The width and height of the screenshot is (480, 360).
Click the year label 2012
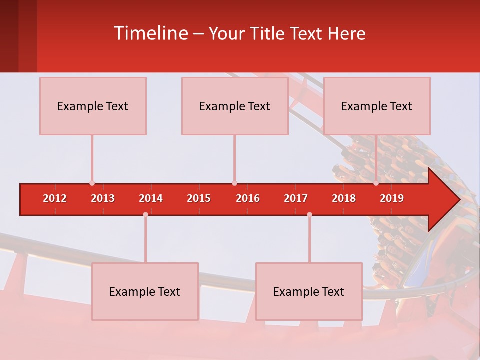(55, 198)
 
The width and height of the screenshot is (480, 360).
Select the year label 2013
(103, 198)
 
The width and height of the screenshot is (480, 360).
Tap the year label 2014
(151, 198)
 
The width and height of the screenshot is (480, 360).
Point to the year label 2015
(199, 198)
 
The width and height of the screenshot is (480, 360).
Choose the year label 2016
(248, 198)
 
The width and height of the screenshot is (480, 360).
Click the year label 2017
(296, 198)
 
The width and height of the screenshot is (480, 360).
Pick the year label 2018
(344, 198)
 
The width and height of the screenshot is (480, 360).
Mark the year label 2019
(392, 198)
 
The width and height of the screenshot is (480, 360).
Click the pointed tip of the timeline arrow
(458, 199)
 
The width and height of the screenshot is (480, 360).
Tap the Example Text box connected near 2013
(93, 106)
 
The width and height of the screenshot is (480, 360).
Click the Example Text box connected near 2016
(235, 106)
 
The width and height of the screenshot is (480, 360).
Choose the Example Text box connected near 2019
(377, 106)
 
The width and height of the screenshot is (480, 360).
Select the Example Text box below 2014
(145, 291)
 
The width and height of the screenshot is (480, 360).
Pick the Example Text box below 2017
(309, 291)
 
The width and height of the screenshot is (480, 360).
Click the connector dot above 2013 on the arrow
(92, 183)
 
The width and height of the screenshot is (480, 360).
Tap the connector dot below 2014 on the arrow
(145, 214)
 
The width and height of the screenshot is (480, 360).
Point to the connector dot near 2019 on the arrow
(376, 183)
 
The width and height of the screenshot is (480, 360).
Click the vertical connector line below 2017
(309, 239)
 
